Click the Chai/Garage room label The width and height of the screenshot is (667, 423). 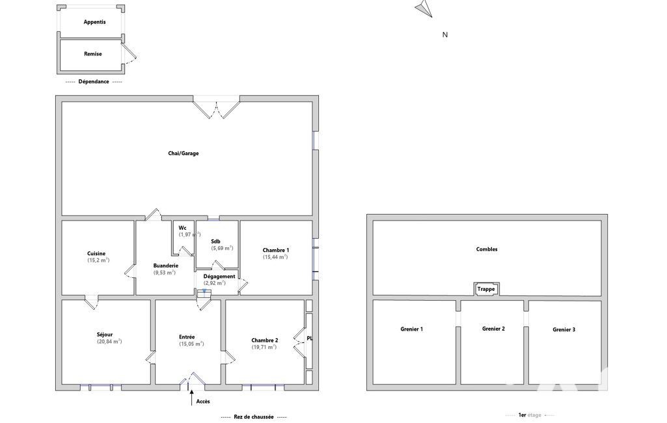[184, 153]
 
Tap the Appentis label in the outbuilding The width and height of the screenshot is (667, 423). [94, 22]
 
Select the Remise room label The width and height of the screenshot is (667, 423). [93, 54]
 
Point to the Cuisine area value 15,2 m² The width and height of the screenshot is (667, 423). [98, 260]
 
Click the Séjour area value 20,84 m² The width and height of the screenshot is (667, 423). [109, 341]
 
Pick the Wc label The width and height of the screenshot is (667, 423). [182, 228]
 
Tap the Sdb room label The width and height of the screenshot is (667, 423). [215, 241]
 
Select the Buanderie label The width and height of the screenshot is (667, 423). [166, 266]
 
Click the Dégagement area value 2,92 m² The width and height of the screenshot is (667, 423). [214, 283]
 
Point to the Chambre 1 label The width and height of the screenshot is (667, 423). [276, 251]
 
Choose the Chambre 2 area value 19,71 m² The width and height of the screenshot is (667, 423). [264, 347]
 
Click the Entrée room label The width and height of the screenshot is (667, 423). [187, 337]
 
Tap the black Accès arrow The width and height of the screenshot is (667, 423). [191, 398]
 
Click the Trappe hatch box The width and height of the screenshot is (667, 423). [487, 289]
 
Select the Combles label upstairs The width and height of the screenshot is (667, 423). [487, 249]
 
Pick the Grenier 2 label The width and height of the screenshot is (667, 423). [493, 329]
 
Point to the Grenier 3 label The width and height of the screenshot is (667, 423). [564, 329]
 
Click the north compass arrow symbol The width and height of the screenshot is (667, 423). [424, 8]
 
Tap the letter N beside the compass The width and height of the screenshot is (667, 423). [445, 35]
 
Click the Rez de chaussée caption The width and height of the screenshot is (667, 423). [254, 417]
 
